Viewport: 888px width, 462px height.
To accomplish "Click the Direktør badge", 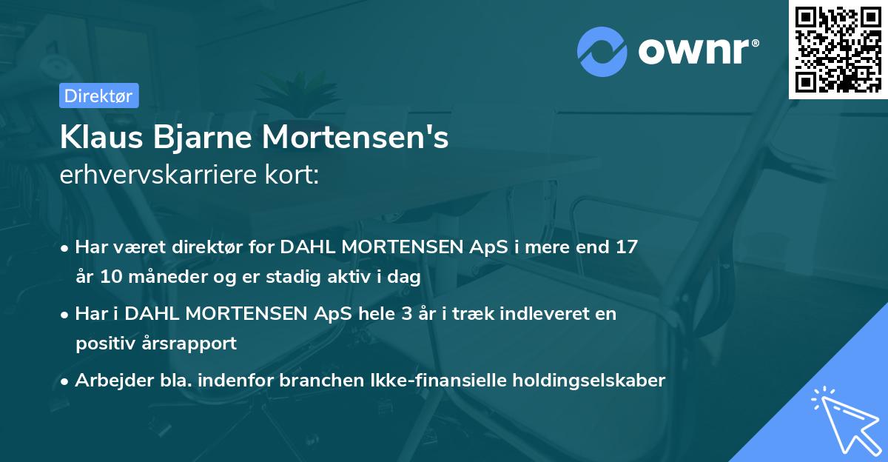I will pyautogui.click(x=98, y=96).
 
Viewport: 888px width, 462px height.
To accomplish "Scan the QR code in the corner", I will pyautogui.click(x=838, y=49).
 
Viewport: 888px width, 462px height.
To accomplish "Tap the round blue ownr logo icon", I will pyautogui.click(x=602, y=50).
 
